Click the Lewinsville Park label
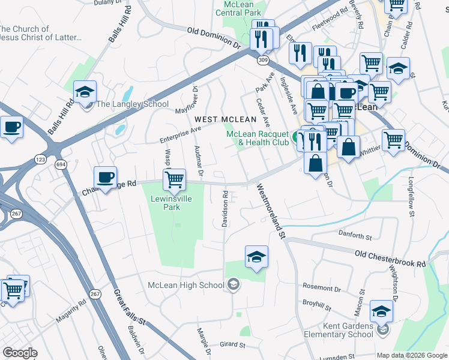173,202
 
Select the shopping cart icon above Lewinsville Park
174,178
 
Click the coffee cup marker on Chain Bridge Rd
106,177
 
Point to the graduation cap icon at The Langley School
85,92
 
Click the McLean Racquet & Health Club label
258,138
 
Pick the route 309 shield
263,60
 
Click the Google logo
20,353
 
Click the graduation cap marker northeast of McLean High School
256,257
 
